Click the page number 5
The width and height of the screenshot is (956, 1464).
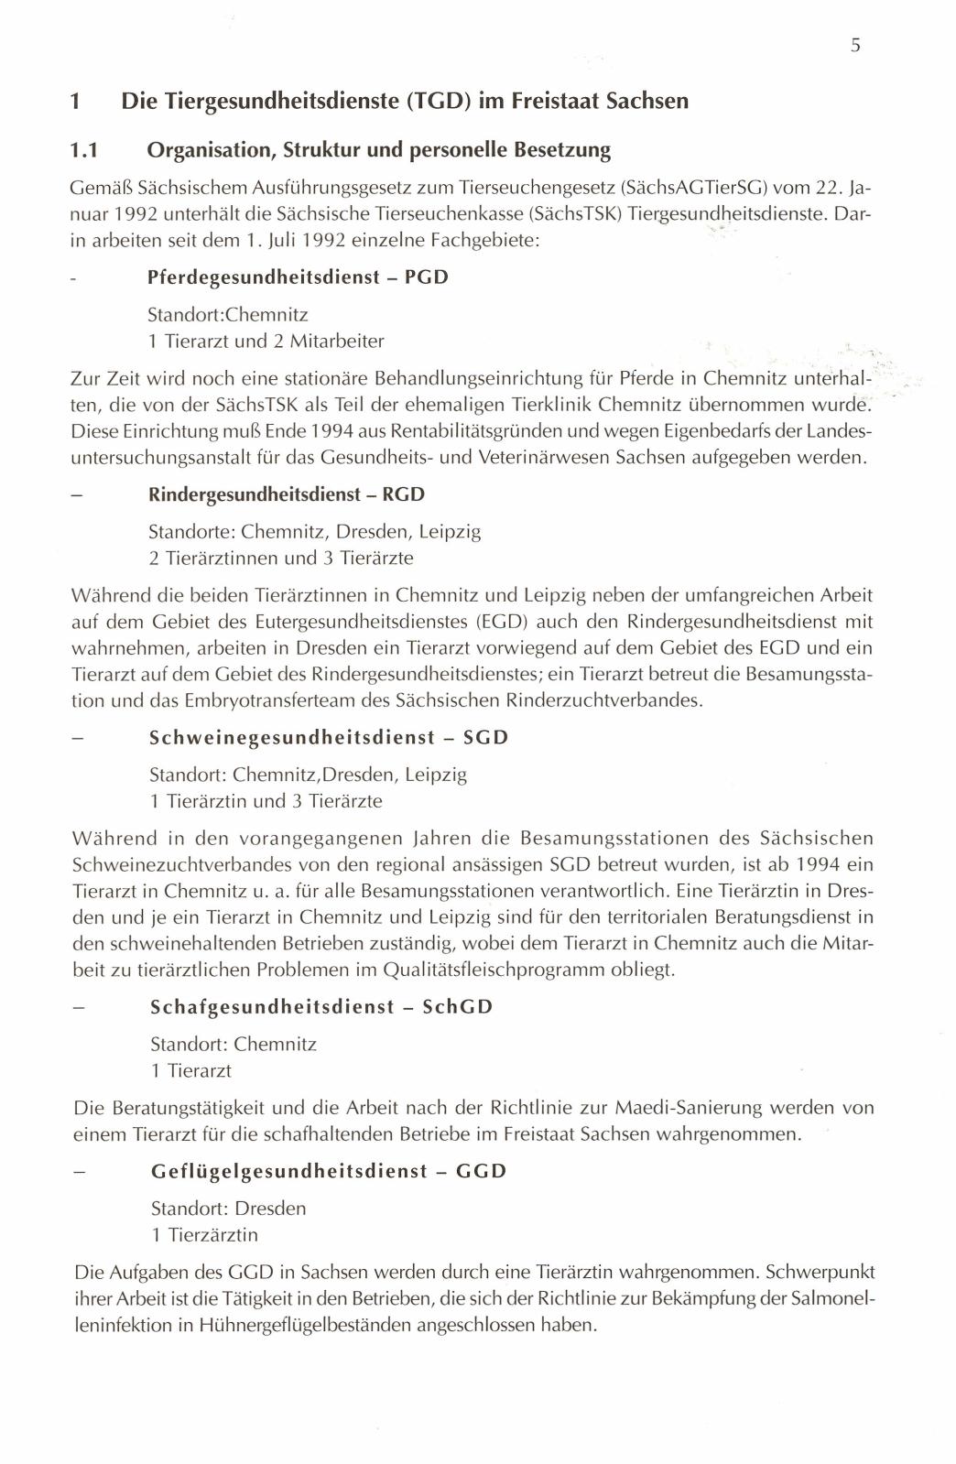pos(854,46)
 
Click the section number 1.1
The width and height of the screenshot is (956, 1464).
pos(85,148)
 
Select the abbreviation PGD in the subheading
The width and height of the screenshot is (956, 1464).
pos(426,277)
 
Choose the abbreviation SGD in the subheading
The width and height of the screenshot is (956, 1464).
pos(485,738)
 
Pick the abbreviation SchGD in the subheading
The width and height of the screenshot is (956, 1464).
pos(458,1007)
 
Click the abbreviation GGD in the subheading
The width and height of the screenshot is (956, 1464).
pos(481,1171)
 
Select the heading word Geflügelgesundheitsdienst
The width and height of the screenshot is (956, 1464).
pos(289,1171)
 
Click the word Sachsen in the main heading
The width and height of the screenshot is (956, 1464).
pos(647,101)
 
